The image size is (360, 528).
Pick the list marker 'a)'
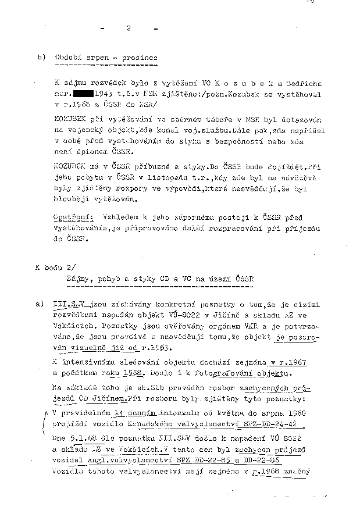(40, 304)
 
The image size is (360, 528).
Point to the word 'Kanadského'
(167, 424)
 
